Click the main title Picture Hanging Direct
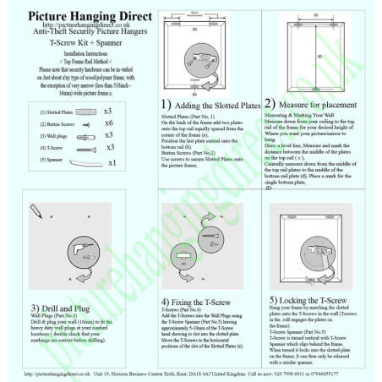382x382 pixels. point(81,16)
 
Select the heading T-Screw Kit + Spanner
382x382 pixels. point(82,41)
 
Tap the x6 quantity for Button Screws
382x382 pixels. point(108,123)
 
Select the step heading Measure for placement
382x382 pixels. point(325,104)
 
